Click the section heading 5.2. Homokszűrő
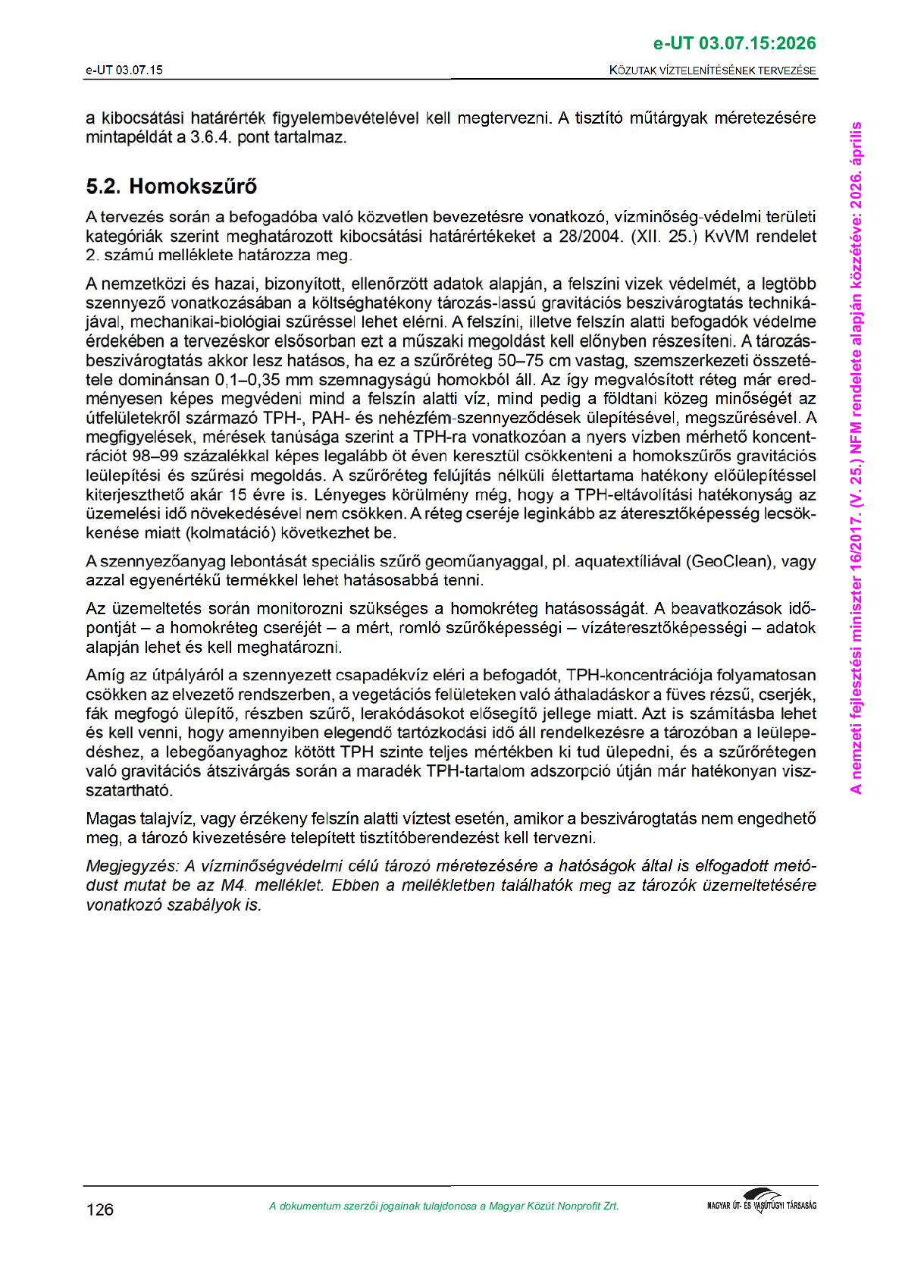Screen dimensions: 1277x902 [171, 187]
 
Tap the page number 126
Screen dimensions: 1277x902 [100, 1210]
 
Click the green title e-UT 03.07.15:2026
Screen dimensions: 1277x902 [734, 43]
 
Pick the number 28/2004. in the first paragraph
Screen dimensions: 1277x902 [590, 237]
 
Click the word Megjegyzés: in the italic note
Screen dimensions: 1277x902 [132, 866]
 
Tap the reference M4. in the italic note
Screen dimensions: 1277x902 [234, 886]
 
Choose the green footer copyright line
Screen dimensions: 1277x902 [443, 1206]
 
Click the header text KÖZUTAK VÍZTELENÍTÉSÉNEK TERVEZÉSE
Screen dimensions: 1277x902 [713, 71]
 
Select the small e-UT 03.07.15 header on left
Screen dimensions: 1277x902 [124, 71]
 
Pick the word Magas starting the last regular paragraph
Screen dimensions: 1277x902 [111, 819]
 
